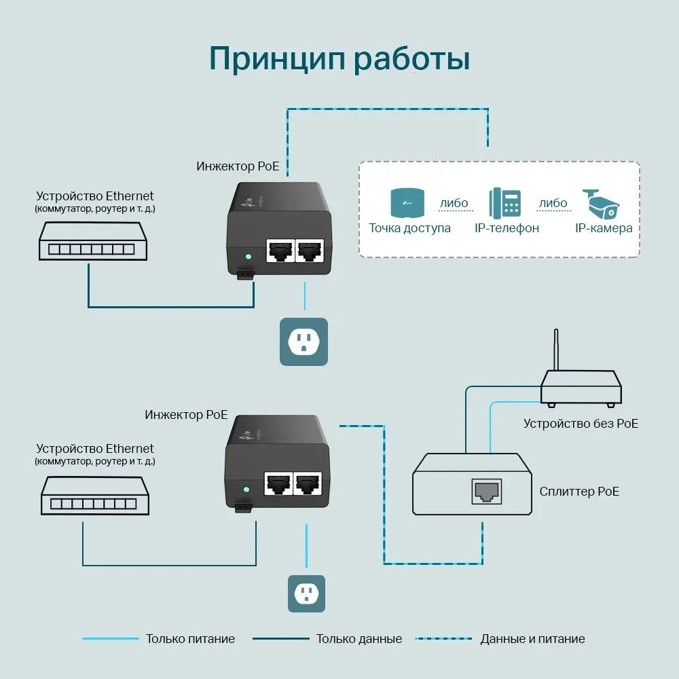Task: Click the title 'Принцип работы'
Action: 339,58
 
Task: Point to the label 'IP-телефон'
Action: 507,228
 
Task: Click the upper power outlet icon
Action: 305,342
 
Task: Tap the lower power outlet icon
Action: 306,594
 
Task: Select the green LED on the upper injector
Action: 248,257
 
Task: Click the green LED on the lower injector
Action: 246,489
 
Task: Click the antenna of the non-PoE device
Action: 556,350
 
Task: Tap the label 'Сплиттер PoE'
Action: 579,492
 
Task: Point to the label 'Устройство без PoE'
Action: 581,424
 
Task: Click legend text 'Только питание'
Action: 190,639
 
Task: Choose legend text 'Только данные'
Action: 359,639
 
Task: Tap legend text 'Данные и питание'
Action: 532,639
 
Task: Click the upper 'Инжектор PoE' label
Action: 238,166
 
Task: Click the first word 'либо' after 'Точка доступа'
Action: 454,203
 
